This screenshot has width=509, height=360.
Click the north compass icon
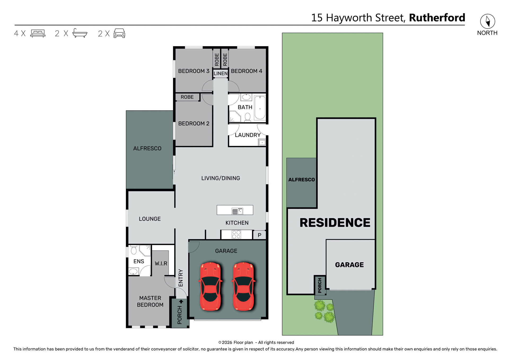(x=488, y=21)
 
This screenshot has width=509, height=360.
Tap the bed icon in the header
(x=38, y=33)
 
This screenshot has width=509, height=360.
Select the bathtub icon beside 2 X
(x=80, y=33)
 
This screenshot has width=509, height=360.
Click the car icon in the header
(x=119, y=33)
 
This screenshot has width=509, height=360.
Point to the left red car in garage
(x=210, y=286)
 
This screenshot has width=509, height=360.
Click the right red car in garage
(x=243, y=286)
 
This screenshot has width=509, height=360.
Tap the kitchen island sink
(x=237, y=211)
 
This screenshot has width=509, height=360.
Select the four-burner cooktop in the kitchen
(x=236, y=235)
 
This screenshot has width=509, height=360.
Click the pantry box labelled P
(x=260, y=235)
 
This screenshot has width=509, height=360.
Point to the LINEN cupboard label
(x=221, y=73)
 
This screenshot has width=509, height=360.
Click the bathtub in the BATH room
(x=260, y=108)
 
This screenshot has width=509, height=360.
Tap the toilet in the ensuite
(x=134, y=250)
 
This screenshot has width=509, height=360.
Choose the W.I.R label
(x=161, y=263)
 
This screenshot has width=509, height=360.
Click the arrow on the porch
(x=181, y=301)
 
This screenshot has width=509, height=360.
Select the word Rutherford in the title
(x=437, y=18)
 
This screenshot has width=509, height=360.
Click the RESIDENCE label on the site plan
(x=335, y=223)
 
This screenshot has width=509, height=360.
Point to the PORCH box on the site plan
(x=320, y=285)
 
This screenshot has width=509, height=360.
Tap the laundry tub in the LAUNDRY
(x=262, y=143)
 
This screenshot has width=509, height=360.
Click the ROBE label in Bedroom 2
(x=187, y=97)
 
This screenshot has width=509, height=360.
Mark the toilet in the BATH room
(x=248, y=117)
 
